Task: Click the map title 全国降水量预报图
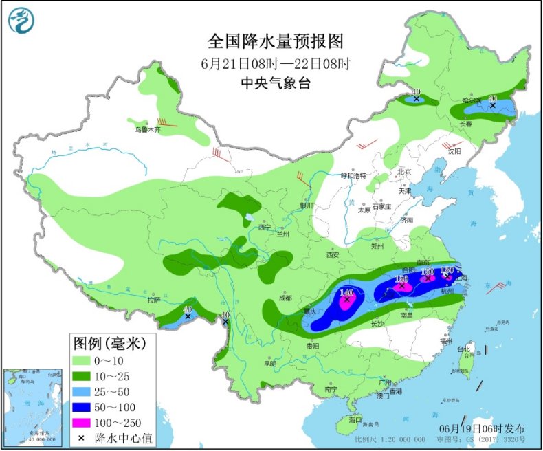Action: point(276,42)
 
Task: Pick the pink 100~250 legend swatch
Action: point(87,420)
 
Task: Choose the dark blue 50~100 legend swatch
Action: point(87,406)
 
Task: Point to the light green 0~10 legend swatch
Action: point(87,360)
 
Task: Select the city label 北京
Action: point(403,172)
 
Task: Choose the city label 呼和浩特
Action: point(355,176)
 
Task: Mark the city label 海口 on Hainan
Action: point(355,419)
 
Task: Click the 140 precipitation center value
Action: point(346,292)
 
